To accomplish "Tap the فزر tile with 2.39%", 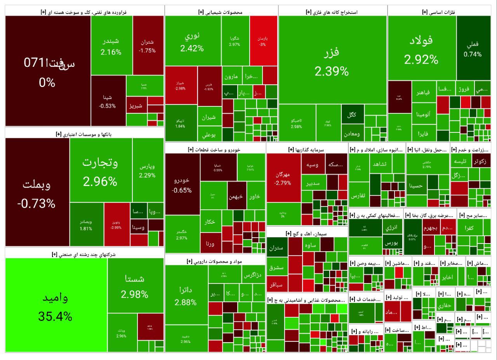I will click(x=332, y=60).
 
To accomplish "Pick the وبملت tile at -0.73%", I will click(x=37, y=192).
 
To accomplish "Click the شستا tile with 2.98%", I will click(x=135, y=285).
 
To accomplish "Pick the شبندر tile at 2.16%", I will click(x=111, y=45).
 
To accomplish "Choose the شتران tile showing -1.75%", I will click(x=148, y=45).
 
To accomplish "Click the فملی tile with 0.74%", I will click(x=473, y=48).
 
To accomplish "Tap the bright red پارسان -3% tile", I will click(x=263, y=41).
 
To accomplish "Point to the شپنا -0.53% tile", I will click(x=108, y=101).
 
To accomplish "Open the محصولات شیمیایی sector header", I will click(x=221, y=12).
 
